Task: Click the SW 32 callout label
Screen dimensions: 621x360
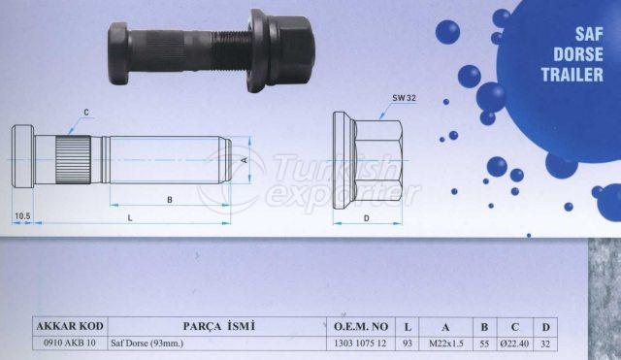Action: coord(404,98)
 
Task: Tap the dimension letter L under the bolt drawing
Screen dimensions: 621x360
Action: coord(130,217)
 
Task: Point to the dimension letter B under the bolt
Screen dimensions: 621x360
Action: coord(170,200)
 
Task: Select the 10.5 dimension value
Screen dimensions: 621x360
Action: coord(22,215)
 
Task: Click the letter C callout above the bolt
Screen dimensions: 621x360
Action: coord(86,113)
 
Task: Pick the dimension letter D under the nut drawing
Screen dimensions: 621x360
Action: coord(367,218)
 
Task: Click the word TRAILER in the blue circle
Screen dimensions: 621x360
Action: coord(572,75)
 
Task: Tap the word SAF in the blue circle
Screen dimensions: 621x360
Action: coord(589,35)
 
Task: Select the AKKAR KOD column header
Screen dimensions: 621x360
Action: coord(70,326)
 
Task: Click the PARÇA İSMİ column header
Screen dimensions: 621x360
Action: coord(218,326)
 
